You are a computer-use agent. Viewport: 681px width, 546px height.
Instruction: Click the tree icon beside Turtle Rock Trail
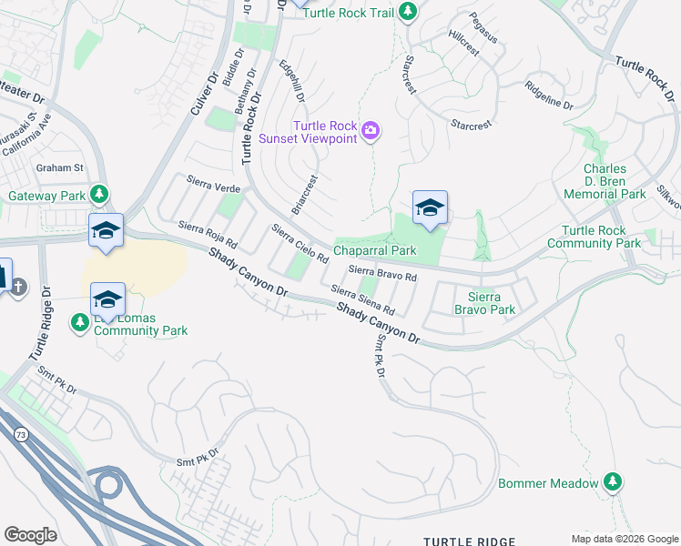coord(409,11)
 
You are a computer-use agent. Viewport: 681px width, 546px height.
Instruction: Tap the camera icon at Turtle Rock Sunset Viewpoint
coord(371,132)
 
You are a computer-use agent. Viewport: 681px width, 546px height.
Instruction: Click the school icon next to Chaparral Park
coord(430,209)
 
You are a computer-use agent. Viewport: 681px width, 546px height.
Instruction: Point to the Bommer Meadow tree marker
coord(614,482)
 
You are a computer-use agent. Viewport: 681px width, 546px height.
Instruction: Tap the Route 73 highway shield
coord(20,437)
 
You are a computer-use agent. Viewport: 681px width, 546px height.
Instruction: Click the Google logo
coord(30,535)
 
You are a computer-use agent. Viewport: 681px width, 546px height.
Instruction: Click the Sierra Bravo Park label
coord(492,303)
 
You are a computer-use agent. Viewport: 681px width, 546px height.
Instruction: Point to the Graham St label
coord(59,167)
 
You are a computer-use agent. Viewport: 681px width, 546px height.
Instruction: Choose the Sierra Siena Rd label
coord(362,298)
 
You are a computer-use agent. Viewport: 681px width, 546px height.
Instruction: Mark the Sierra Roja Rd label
coord(208,237)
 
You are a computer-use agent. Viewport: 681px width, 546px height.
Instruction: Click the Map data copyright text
coord(625,538)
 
